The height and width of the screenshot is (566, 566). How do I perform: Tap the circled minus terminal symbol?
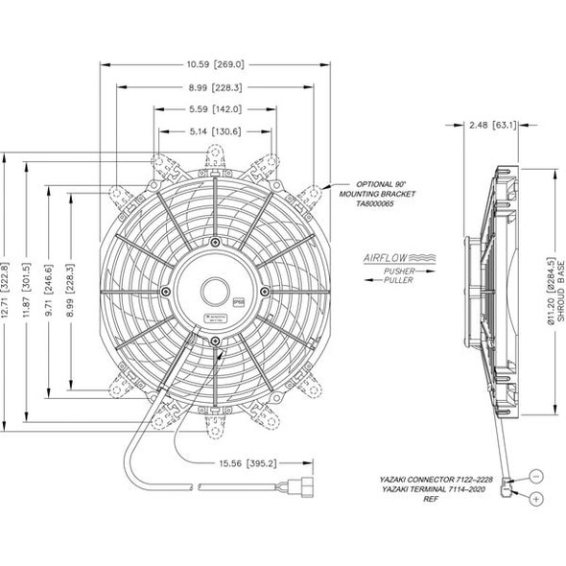click(x=535, y=475)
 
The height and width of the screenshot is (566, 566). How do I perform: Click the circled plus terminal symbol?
click(x=535, y=499)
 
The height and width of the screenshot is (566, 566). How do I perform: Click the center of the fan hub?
click(x=216, y=291)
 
